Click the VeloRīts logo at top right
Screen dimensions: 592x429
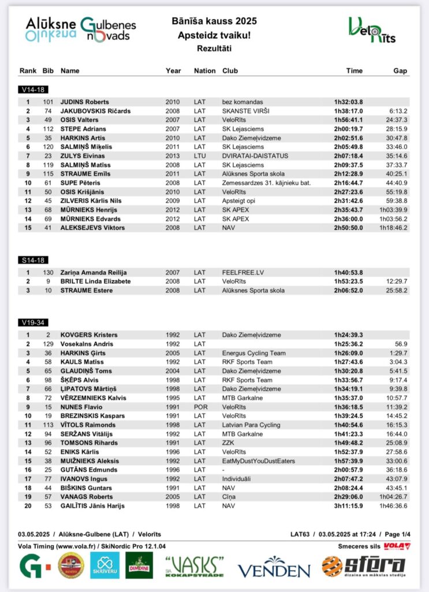pyautogui.click(x=372, y=30)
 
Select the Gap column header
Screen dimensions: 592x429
pyautogui.click(x=400, y=71)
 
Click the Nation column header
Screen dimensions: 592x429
pyautogui.click(x=204, y=71)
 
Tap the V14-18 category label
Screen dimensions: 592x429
pyautogui.click(x=32, y=90)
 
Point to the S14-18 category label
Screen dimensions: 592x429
pyautogui.click(x=32, y=260)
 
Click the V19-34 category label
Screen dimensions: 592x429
pyautogui.click(x=32, y=323)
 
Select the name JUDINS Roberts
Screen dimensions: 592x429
pyautogui.click(x=85, y=102)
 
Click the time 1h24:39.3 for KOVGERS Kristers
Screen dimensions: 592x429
pyautogui.click(x=348, y=335)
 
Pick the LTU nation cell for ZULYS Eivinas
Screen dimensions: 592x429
pyautogui.click(x=200, y=156)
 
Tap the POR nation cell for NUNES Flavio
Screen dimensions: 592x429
pyautogui.click(x=200, y=407)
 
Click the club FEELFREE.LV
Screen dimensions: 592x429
pyautogui.click(x=243, y=272)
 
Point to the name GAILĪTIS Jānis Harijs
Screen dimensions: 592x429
pyautogui.click(x=92, y=506)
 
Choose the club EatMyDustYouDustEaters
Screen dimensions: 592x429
pyautogui.click(x=258, y=461)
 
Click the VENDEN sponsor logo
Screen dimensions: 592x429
pyautogui.click(x=274, y=567)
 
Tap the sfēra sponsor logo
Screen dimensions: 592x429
pyautogui.click(x=363, y=566)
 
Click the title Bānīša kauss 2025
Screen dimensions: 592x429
pyautogui.click(x=214, y=21)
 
